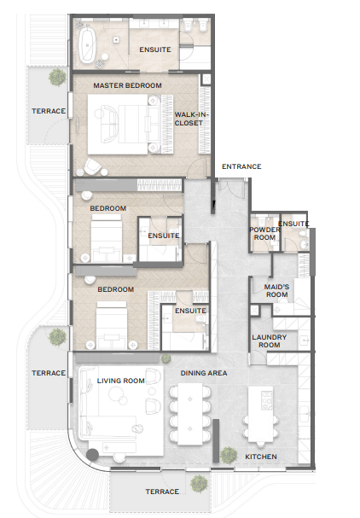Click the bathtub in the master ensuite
87,45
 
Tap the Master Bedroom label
127,85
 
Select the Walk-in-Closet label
189,119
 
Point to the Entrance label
241,166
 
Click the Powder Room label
264,234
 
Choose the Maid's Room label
276,291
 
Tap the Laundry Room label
270,341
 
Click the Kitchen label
261,457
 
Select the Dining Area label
204,373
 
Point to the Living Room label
121,381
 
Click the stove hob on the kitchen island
266,400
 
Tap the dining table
190,414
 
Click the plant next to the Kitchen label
229,455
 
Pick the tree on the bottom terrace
199,483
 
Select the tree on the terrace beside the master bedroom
57,77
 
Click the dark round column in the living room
92,455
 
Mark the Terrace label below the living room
162,492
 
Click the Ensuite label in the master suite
155,49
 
